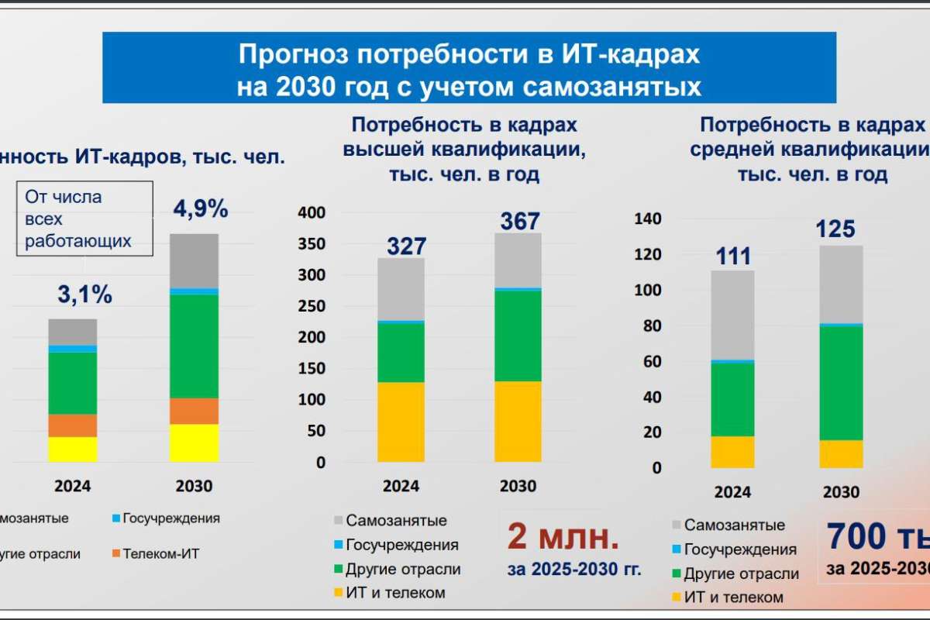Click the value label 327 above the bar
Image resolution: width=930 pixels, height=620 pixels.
(x=406, y=246)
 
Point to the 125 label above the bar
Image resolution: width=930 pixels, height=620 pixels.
(x=835, y=229)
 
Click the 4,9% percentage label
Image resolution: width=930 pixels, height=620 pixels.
(x=200, y=209)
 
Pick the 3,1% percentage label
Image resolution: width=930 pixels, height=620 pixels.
(x=84, y=294)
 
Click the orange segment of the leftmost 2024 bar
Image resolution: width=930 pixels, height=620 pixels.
(x=72, y=425)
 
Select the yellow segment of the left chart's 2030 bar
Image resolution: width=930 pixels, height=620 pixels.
(x=194, y=443)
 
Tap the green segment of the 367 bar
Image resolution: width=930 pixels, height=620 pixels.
(x=518, y=335)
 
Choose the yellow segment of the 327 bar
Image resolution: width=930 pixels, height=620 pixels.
(x=401, y=422)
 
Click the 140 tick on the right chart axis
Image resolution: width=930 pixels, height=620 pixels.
(x=648, y=219)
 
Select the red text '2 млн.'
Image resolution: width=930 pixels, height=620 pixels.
(x=563, y=536)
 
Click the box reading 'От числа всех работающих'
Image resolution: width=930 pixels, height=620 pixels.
(x=83, y=219)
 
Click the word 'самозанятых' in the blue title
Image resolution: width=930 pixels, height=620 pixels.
(x=612, y=87)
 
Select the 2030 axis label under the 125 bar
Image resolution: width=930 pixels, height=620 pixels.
(x=841, y=492)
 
